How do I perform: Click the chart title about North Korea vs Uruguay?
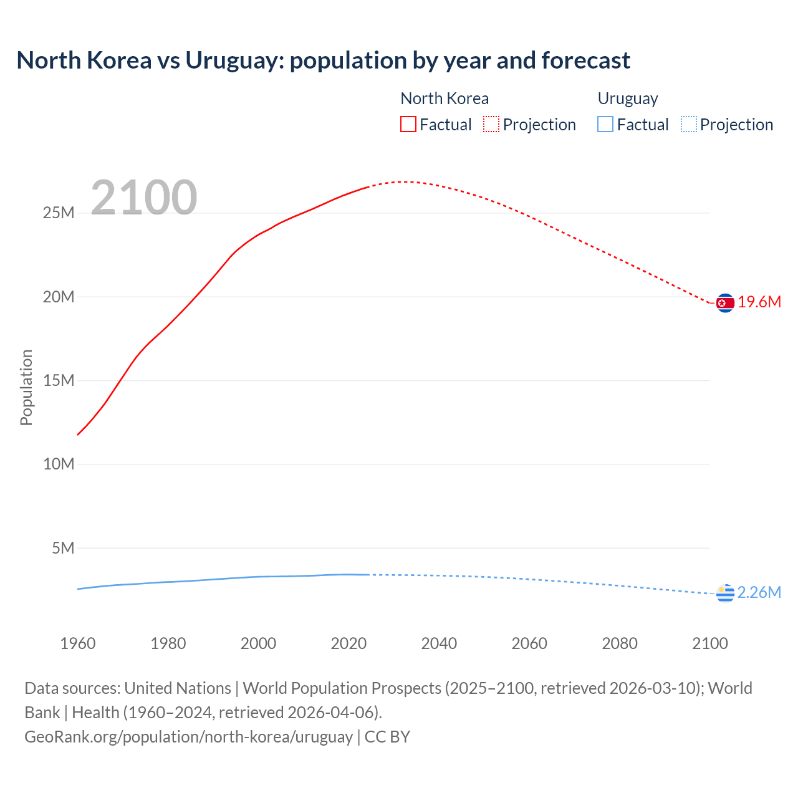(323, 60)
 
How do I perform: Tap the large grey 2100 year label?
(144, 198)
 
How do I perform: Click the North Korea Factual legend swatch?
(408, 125)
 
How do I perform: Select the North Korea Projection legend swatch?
(491, 125)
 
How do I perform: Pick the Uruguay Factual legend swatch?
(605, 125)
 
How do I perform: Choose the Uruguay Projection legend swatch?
(689, 125)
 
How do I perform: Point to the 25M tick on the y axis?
(59, 213)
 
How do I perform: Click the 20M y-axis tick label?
(59, 297)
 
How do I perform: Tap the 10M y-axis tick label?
(59, 464)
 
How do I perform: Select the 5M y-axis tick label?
(63, 548)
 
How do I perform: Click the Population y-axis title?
(26, 388)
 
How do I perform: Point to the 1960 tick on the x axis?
(78, 643)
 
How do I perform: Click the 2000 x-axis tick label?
(258, 643)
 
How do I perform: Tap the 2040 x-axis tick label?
(439, 643)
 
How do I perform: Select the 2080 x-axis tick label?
(620, 643)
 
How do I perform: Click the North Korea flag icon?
(725, 303)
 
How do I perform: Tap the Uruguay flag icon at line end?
(725, 594)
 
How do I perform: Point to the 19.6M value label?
(759, 302)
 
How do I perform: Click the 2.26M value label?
(759, 592)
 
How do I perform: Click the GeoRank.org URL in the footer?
(188, 737)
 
